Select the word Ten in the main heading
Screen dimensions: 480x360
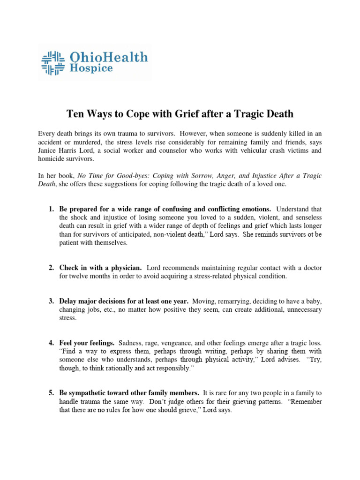[75, 113]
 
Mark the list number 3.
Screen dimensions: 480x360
[51, 301]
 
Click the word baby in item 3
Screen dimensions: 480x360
[313, 301]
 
